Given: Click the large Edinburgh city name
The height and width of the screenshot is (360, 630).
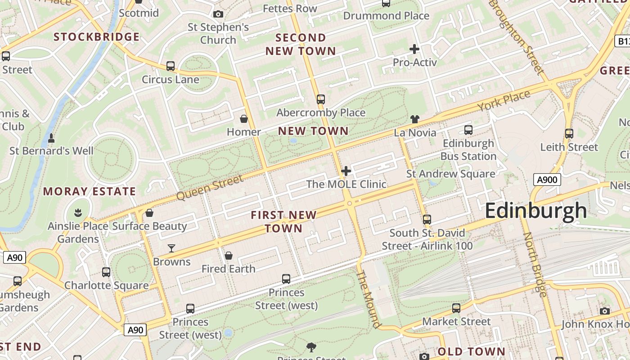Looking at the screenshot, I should click(x=535, y=211).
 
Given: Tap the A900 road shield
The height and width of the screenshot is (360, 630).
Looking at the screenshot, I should click(x=547, y=180).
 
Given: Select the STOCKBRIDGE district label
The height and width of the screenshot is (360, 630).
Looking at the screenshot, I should click(x=96, y=37).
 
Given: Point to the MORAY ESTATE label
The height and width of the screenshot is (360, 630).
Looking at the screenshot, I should click(x=89, y=192).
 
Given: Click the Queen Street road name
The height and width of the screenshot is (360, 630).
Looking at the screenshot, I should click(x=209, y=188).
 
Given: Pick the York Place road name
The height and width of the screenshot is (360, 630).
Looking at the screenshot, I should click(x=504, y=100).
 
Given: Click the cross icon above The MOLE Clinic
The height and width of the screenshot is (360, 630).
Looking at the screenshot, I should click(x=346, y=171).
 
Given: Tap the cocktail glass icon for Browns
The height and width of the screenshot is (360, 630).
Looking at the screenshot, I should click(x=171, y=248).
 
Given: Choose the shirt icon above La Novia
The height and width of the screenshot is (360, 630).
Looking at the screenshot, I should click(x=414, y=119).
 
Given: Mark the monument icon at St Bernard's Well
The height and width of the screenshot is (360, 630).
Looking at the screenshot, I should click(x=51, y=138).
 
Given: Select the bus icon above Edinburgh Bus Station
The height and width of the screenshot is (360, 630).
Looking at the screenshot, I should click(x=468, y=130).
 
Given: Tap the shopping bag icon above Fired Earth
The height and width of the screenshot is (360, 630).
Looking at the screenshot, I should click(x=229, y=256).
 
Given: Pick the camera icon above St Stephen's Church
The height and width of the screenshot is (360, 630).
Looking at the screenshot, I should click(x=218, y=14).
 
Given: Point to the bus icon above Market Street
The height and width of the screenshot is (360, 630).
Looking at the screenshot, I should click(x=456, y=308).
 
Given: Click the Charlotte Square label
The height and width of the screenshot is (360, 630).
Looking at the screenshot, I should click(x=106, y=285).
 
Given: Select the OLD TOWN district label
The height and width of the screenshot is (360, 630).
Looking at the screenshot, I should click(x=471, y=351).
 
